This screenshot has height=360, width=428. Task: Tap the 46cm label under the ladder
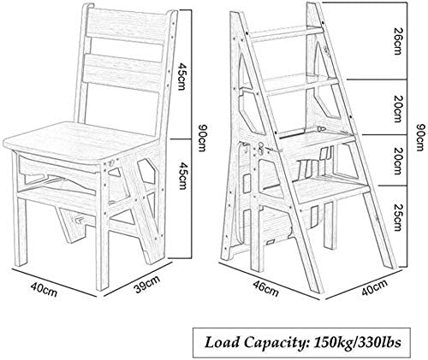coord(266,287)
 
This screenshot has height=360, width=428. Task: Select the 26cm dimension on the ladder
coord(397,41)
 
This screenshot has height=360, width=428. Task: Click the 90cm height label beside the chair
coord(201,139)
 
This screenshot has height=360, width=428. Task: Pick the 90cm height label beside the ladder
coord(420,138)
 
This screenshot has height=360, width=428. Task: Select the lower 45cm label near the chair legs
coord(181,175)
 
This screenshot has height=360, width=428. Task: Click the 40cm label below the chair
coord(45,290)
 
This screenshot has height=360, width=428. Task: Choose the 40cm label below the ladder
coord(375,287)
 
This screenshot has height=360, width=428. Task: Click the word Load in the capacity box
coord(222,342)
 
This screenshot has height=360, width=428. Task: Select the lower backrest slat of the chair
coord(121,70)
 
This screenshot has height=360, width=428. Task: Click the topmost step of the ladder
coord(286,32)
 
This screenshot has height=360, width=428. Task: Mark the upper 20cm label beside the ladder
coord(397,108)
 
